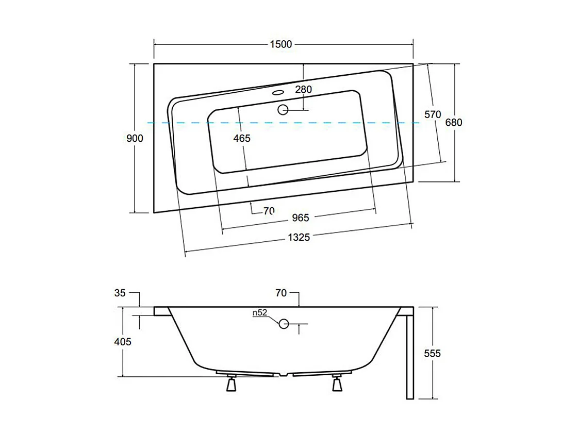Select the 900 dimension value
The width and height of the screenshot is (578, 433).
[135, 138]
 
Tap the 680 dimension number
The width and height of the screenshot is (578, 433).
[454, 122]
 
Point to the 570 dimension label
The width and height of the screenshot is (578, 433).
[432, 114]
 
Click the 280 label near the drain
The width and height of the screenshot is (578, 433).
[303, 89]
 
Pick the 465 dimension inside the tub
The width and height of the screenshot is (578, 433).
[241, 138]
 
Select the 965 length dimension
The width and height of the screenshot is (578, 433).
[300, 218]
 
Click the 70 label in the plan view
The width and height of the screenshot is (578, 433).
[268, 210]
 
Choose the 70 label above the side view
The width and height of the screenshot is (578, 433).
[281, 293]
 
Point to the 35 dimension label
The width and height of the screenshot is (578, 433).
[120, 293]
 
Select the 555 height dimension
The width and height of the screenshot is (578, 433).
[433, 353]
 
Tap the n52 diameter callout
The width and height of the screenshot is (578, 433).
[259, 313]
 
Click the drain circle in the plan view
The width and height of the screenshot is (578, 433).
[283, 109]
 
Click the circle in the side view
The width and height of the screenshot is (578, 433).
[283, 324]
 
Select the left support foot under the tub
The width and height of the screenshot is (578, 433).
[230, 384]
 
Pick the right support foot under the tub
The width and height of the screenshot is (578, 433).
[338, 384]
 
